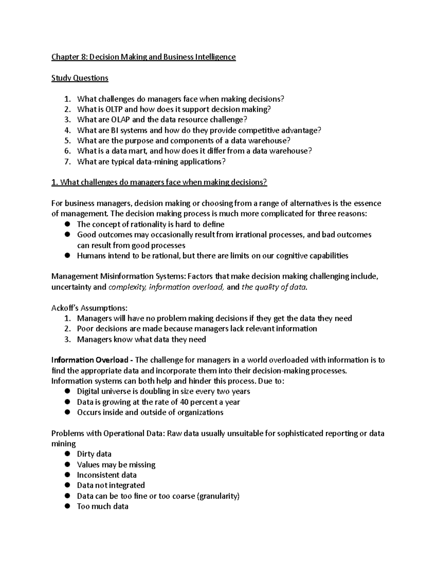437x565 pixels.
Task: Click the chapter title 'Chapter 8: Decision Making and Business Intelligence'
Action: [x=143, y=57]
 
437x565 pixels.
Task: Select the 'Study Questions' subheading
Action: [x=80, y=78]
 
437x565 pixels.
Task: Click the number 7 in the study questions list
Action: [x=67, y=162]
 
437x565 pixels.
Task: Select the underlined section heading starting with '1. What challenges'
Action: [x=159, y=182]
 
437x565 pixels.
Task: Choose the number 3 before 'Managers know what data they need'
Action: [x=67, y=340]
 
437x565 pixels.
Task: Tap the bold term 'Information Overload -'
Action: [x=92, y=360]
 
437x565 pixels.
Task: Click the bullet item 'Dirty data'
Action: [x=94, y=454]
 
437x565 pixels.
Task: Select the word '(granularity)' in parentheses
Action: [x=218, y=496]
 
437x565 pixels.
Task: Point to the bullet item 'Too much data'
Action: [x=102, y=506]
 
